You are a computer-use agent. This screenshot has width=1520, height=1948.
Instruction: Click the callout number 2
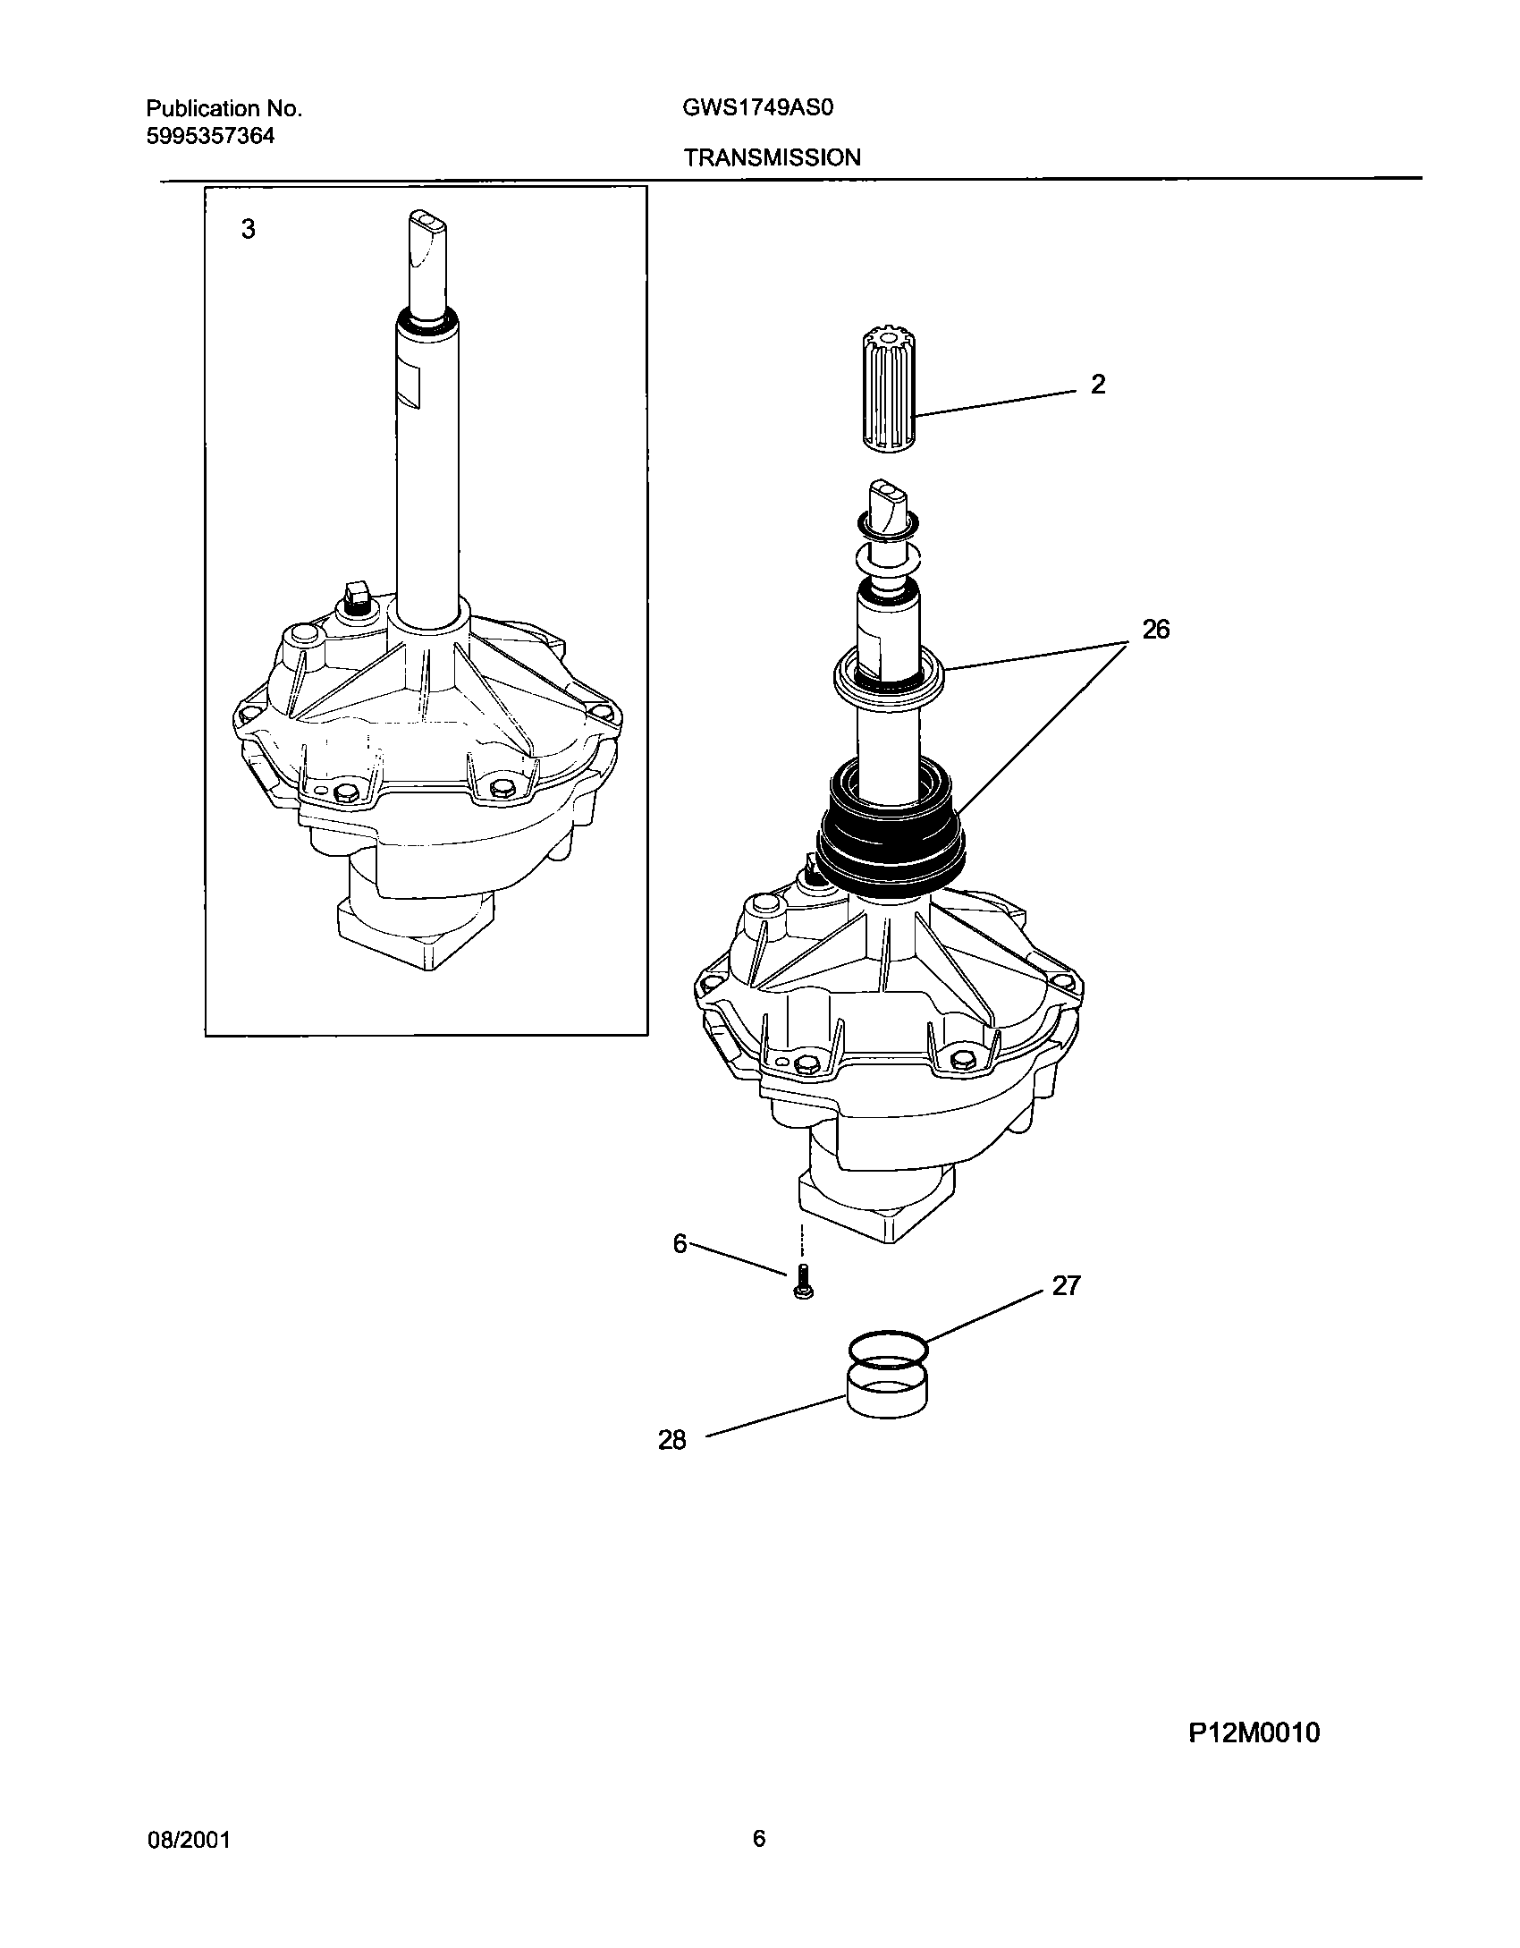1097,385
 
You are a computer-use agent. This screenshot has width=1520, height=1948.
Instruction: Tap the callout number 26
1155,630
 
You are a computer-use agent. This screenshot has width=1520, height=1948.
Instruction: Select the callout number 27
1066,1286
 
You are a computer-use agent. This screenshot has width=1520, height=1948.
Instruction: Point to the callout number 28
671,1440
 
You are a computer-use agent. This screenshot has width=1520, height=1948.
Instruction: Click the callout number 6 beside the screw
680,1244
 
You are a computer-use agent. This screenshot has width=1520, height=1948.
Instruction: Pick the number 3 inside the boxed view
248,230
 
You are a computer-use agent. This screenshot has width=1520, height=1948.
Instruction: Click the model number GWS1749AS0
758,108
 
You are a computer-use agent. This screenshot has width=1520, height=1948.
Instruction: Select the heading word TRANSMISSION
773,158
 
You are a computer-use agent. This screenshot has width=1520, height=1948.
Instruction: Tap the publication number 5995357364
210,137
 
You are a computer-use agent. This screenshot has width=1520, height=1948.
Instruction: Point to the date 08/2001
188,1841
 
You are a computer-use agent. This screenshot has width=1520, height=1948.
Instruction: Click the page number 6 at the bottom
759,1839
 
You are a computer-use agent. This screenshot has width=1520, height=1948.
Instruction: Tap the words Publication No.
224,109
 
